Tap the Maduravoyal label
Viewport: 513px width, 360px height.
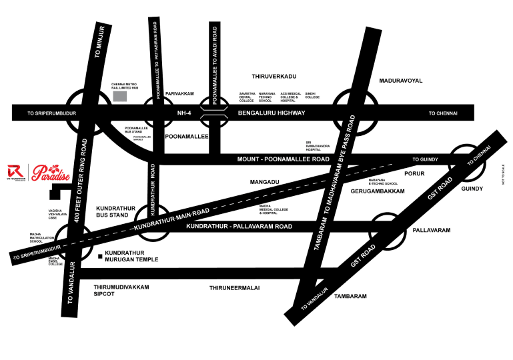[x=401, y=80]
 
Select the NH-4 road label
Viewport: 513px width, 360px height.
[x=184, y=113]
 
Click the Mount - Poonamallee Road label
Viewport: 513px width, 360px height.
[x=284, y=160]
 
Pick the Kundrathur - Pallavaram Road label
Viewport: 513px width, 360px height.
[x=239, y=227]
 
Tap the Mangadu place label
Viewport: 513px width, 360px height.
[x=264, y=181]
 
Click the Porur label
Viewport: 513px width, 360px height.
[x=414, y=174]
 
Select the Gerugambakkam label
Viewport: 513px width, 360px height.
[x=378, y=191]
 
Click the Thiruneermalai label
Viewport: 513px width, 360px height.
[x=234, y=288]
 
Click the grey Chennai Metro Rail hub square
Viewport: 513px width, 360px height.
[x=119, y=97]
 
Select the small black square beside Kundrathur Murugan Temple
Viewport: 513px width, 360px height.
[x=99, y=256]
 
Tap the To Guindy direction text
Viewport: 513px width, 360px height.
[x=424, y=160]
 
